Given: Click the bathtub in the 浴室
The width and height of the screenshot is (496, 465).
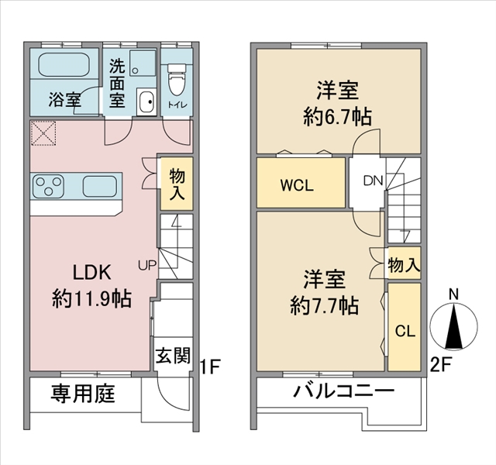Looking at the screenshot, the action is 64,64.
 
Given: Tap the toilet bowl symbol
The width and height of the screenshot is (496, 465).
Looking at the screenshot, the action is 177,79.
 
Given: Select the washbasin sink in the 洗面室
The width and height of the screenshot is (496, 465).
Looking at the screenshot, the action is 146,102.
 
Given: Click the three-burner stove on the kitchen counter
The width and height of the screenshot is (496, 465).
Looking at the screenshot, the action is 48,186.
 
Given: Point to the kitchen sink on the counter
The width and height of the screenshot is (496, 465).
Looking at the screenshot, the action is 100,186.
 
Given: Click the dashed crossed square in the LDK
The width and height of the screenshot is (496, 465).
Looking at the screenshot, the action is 43,133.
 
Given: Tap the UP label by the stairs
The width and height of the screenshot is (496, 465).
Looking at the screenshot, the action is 147,265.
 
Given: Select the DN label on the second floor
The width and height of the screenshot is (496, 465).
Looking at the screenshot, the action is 374,181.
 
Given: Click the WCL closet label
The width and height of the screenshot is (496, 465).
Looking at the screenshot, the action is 297,185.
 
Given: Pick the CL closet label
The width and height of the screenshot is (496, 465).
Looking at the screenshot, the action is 405,331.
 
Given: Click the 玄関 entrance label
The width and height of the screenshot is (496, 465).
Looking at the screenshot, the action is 173,355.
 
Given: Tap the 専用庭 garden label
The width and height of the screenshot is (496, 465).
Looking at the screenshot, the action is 83,393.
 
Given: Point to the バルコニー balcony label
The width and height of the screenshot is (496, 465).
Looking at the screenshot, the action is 343,391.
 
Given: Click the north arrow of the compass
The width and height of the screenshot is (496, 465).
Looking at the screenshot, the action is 454,326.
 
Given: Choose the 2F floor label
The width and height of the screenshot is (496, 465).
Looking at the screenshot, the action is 439,365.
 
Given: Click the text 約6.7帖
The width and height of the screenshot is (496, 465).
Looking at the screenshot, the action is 338,117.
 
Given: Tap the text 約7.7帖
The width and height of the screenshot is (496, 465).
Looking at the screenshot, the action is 324,306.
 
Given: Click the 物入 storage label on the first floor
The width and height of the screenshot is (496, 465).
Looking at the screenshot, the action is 177,184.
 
